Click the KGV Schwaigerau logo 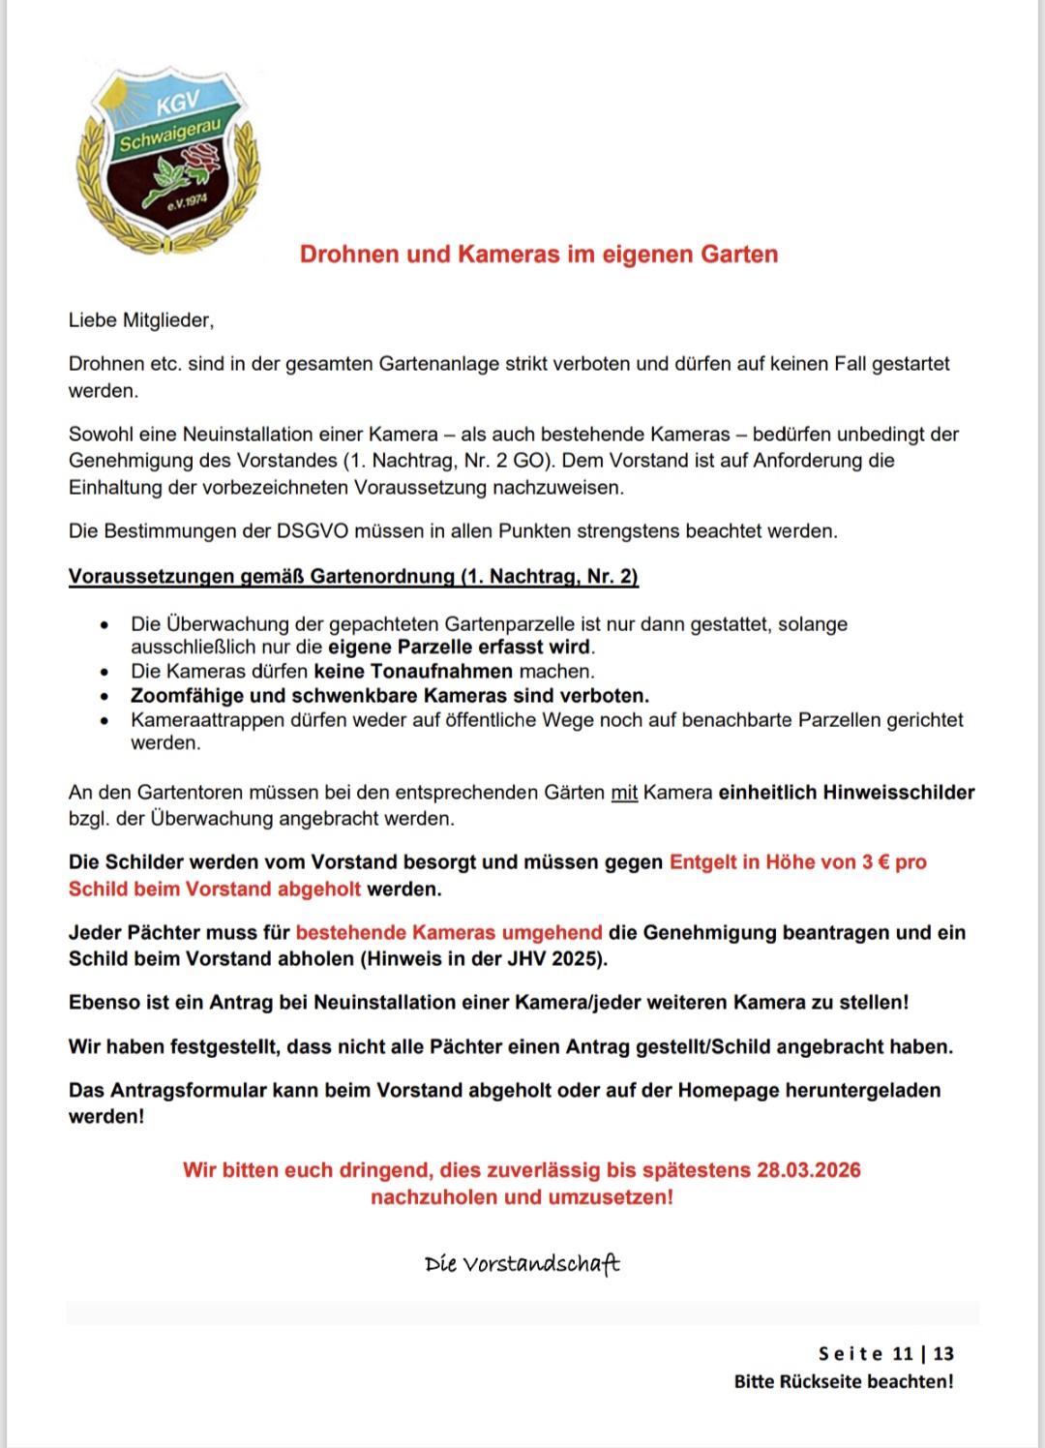(x=168, y=160)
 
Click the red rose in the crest (x=201, y=159)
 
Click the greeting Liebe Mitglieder (x=141, y=320)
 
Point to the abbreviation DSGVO (x=313, y=531)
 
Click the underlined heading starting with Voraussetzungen (x=353, y=577)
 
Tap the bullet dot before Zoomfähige (x=104, y=696)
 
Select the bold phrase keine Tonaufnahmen (x=413, y=672)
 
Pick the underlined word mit (x=624, y=793)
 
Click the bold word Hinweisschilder (x=898, y=793)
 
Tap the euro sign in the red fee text (x=882, y=862)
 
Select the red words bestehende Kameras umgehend (x=449, y=933)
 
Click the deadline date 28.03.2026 (x=809, y=1170)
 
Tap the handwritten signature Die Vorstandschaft (x=522, y=1264)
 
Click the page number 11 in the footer (x=903, y=1354)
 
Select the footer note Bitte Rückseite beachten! (x=844, y=1382)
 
